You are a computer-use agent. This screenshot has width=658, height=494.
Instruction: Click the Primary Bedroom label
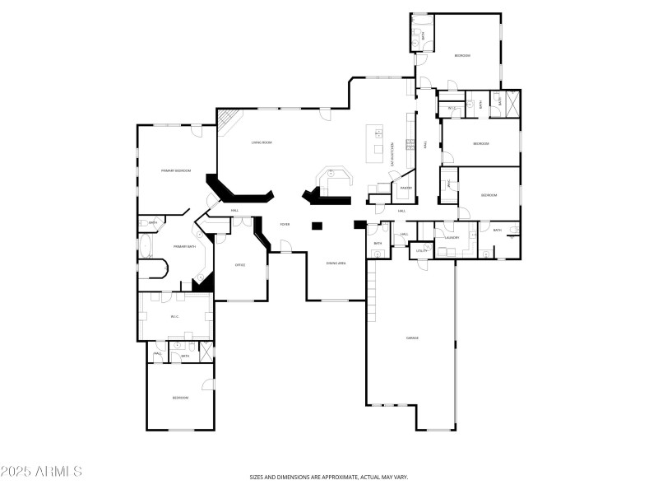pyautogui.click(x=176, y=170)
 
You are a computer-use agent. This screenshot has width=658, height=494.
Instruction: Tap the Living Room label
pyautogui.click(x=262, y=142)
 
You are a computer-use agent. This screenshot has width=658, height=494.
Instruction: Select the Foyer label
pyautogui.click(x=285, y=224)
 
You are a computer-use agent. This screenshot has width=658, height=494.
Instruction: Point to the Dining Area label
pyautogui.click(x=336, y=263)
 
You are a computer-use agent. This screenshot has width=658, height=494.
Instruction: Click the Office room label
pyautogui.click(x=240, y=265)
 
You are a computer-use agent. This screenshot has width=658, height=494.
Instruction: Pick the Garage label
pyautogui.click(x=412, y=338)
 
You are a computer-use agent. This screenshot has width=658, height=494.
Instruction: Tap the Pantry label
pyautogui.click(x=406, y=188)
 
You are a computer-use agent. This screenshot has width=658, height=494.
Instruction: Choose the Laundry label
pyautogui.click(x=452, y=237)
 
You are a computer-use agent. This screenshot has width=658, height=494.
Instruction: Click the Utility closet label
pyautogui.click(x=421, y=250)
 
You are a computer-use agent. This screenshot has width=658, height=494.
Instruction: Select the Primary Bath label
pyautogui.click(x=184, y=246)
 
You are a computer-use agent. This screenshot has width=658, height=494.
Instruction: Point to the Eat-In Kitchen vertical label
pyautogui.click(x=394, y=152)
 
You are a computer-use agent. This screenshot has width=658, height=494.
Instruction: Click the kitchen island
pyautogui.click(x=378, y=140)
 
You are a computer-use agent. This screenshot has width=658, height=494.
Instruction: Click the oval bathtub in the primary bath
pyautogui.click(x=146, y=245)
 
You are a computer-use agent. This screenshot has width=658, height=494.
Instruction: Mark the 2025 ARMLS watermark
pyautogui.click(x=41, y=472)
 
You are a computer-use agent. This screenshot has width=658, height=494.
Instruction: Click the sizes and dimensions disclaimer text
pyautogui.click(x=329, y=477)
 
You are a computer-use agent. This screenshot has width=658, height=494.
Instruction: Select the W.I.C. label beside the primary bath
pyautogui.click(x=175, y=316)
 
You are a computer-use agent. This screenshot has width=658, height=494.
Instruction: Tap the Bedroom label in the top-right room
pyautogui.click(x=462, y=55)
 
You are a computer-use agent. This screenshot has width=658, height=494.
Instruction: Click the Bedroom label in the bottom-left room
pyautogui.click(x=180, y=398)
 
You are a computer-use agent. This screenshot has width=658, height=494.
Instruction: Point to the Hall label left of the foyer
pyautogui.click(x=235, y=211)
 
